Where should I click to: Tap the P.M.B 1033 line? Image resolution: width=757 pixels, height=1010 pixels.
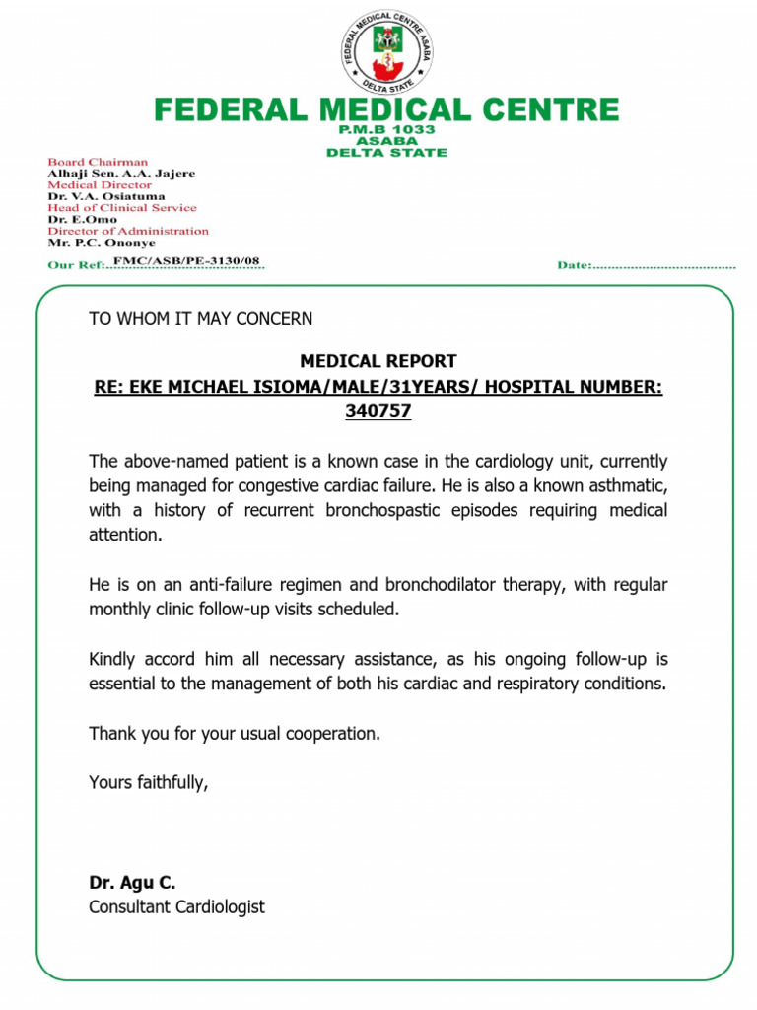[x=386, y=130]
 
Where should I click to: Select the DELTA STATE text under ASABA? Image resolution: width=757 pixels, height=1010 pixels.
[x=386, y=153]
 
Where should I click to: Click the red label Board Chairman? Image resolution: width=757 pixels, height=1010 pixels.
[x=99, y=162]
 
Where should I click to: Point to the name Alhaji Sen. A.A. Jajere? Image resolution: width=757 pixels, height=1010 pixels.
[x=121, y=174]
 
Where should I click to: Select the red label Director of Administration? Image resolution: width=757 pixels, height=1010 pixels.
[x=128, y=231]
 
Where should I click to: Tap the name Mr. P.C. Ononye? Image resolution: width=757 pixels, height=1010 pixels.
[x=102, y=243]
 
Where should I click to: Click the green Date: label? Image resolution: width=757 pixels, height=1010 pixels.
[x=575, y=265]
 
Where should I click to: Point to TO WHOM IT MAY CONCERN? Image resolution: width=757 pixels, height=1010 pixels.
[x=200, y=319]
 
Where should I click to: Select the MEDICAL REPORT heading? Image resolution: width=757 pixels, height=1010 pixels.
[x=378, y=362]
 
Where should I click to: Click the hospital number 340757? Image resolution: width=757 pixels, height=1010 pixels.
[x=378, y=411]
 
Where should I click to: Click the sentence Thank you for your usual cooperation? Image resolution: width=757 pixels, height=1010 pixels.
[x=235, y=734]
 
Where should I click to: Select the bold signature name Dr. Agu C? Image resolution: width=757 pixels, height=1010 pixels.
[x=132, y=883]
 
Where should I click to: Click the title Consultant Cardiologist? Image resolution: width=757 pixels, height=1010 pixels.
[x=176, y=906]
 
